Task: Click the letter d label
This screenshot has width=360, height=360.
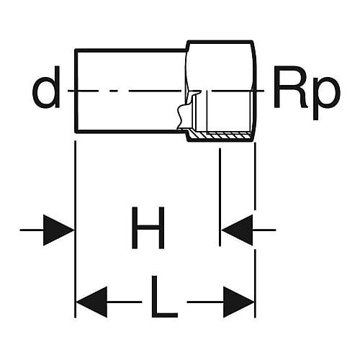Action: (46, 87)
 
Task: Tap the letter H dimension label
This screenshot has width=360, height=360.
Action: (148, 228)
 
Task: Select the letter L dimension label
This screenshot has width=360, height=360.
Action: (165, 297)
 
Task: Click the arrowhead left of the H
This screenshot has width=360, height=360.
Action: (58, 230)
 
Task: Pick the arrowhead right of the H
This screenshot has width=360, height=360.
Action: (237, 230)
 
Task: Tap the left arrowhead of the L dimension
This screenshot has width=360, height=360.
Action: (91, 302)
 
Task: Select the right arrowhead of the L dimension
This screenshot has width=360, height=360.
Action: (238, 302)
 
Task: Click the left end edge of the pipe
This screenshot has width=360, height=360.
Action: (76, 91)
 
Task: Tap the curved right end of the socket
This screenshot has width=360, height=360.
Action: (255, 91)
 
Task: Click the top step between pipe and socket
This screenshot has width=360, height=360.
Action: (187, 46)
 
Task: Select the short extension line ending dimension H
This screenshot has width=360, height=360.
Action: (220, 197)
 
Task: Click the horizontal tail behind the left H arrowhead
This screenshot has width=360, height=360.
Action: (32, 230)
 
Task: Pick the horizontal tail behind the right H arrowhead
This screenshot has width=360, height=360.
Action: (264, 230)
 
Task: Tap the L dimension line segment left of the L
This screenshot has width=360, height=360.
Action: (125, 302)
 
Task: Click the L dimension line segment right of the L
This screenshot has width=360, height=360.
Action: (205, 302)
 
